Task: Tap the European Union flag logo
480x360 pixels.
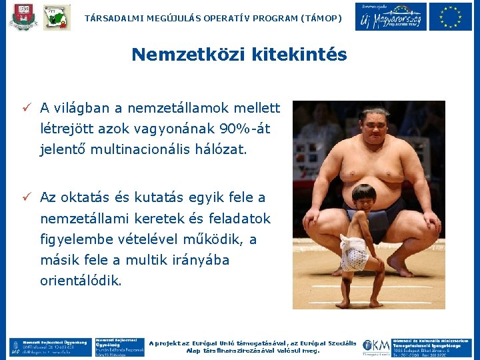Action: coord(451,16)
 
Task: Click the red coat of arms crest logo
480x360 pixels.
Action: coord(23,17)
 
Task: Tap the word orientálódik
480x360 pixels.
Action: coord(81,281)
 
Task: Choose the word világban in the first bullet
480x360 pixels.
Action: coord(85,107)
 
